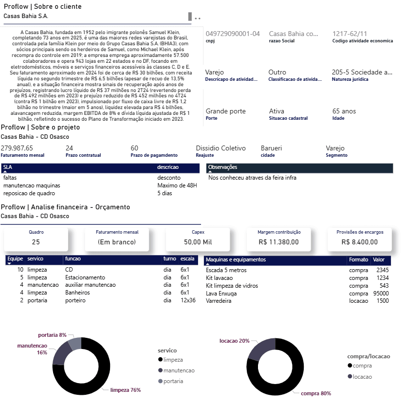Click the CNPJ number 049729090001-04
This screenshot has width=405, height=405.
(233, 34)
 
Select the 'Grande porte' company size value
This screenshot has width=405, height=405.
(225, 111)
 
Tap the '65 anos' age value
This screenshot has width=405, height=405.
(344, 111)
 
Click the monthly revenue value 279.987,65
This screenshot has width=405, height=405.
(17, 148)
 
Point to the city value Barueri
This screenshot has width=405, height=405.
(271, 148)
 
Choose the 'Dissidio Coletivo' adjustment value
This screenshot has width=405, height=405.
(221, 148)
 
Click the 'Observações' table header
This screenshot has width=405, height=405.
(222, 167)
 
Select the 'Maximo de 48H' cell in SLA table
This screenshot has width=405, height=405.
(177, 185)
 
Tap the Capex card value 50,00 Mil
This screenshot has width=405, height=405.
(198, 241)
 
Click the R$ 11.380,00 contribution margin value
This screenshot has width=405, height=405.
(278, 241)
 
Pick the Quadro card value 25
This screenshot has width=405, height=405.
(36, 241)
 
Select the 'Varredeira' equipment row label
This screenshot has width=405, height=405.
(219, 301)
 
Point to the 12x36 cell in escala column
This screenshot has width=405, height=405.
(187, 300)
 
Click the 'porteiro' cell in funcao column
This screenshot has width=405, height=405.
(75, 300)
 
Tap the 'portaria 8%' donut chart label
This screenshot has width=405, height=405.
(52, 335)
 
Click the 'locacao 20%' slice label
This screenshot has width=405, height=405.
(234, 341)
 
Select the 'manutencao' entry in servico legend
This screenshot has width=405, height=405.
(179, 370)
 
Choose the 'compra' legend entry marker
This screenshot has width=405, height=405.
(350, 366)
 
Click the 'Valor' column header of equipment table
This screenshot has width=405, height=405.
(378, 259)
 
